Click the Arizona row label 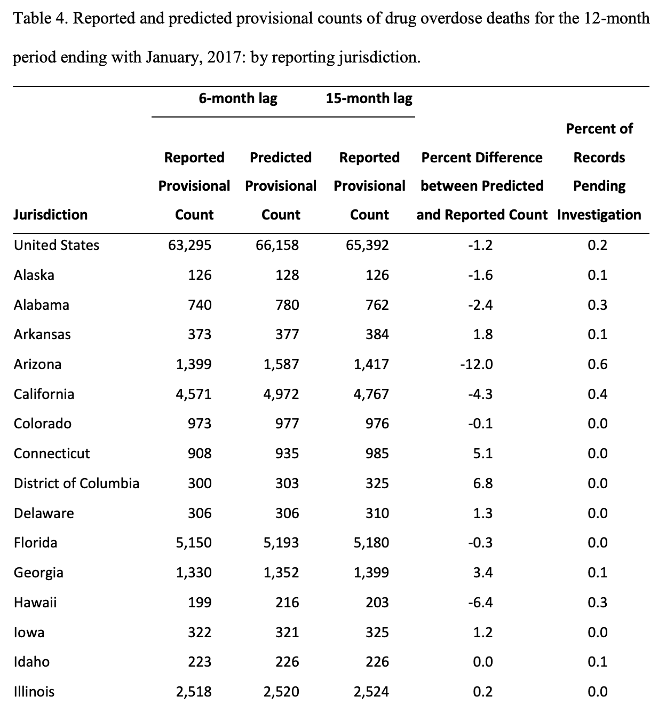pyautogui.click(x=37, y=364)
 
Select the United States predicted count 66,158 pyautogui.click(x=277, y=245)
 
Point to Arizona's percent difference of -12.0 pyautogui.click(x=477, y=364)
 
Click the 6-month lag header pyautogui.click(x=238, y=98)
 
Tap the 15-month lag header pyautogui.click(x=369, y=98)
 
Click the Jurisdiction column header pyautogui.click(x=51, y=215)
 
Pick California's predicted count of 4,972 pyautogui.click(x=281, y=394)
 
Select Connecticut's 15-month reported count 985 pyautogui.click(x=377, y=453)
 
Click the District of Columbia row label pyautogui.click(x=76, y=483)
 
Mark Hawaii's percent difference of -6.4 pyautogui.click(x=480, y=602)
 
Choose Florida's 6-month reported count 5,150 pyautogui.click(x=194, y=543)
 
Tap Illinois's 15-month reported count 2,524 pyautogui.click(x=371, y=691)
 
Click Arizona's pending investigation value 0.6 pyautogui.click(x=597, y=364)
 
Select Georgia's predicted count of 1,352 pyautogui.click(x=281, y=572)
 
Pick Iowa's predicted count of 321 pyautogui.click(x=287, y=632)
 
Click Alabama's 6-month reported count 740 pyautogui.click(x=200, y=305)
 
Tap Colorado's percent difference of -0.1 pyautogui.click(x=480, y=424)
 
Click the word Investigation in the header pyautogui.click(x=599, y=215)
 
